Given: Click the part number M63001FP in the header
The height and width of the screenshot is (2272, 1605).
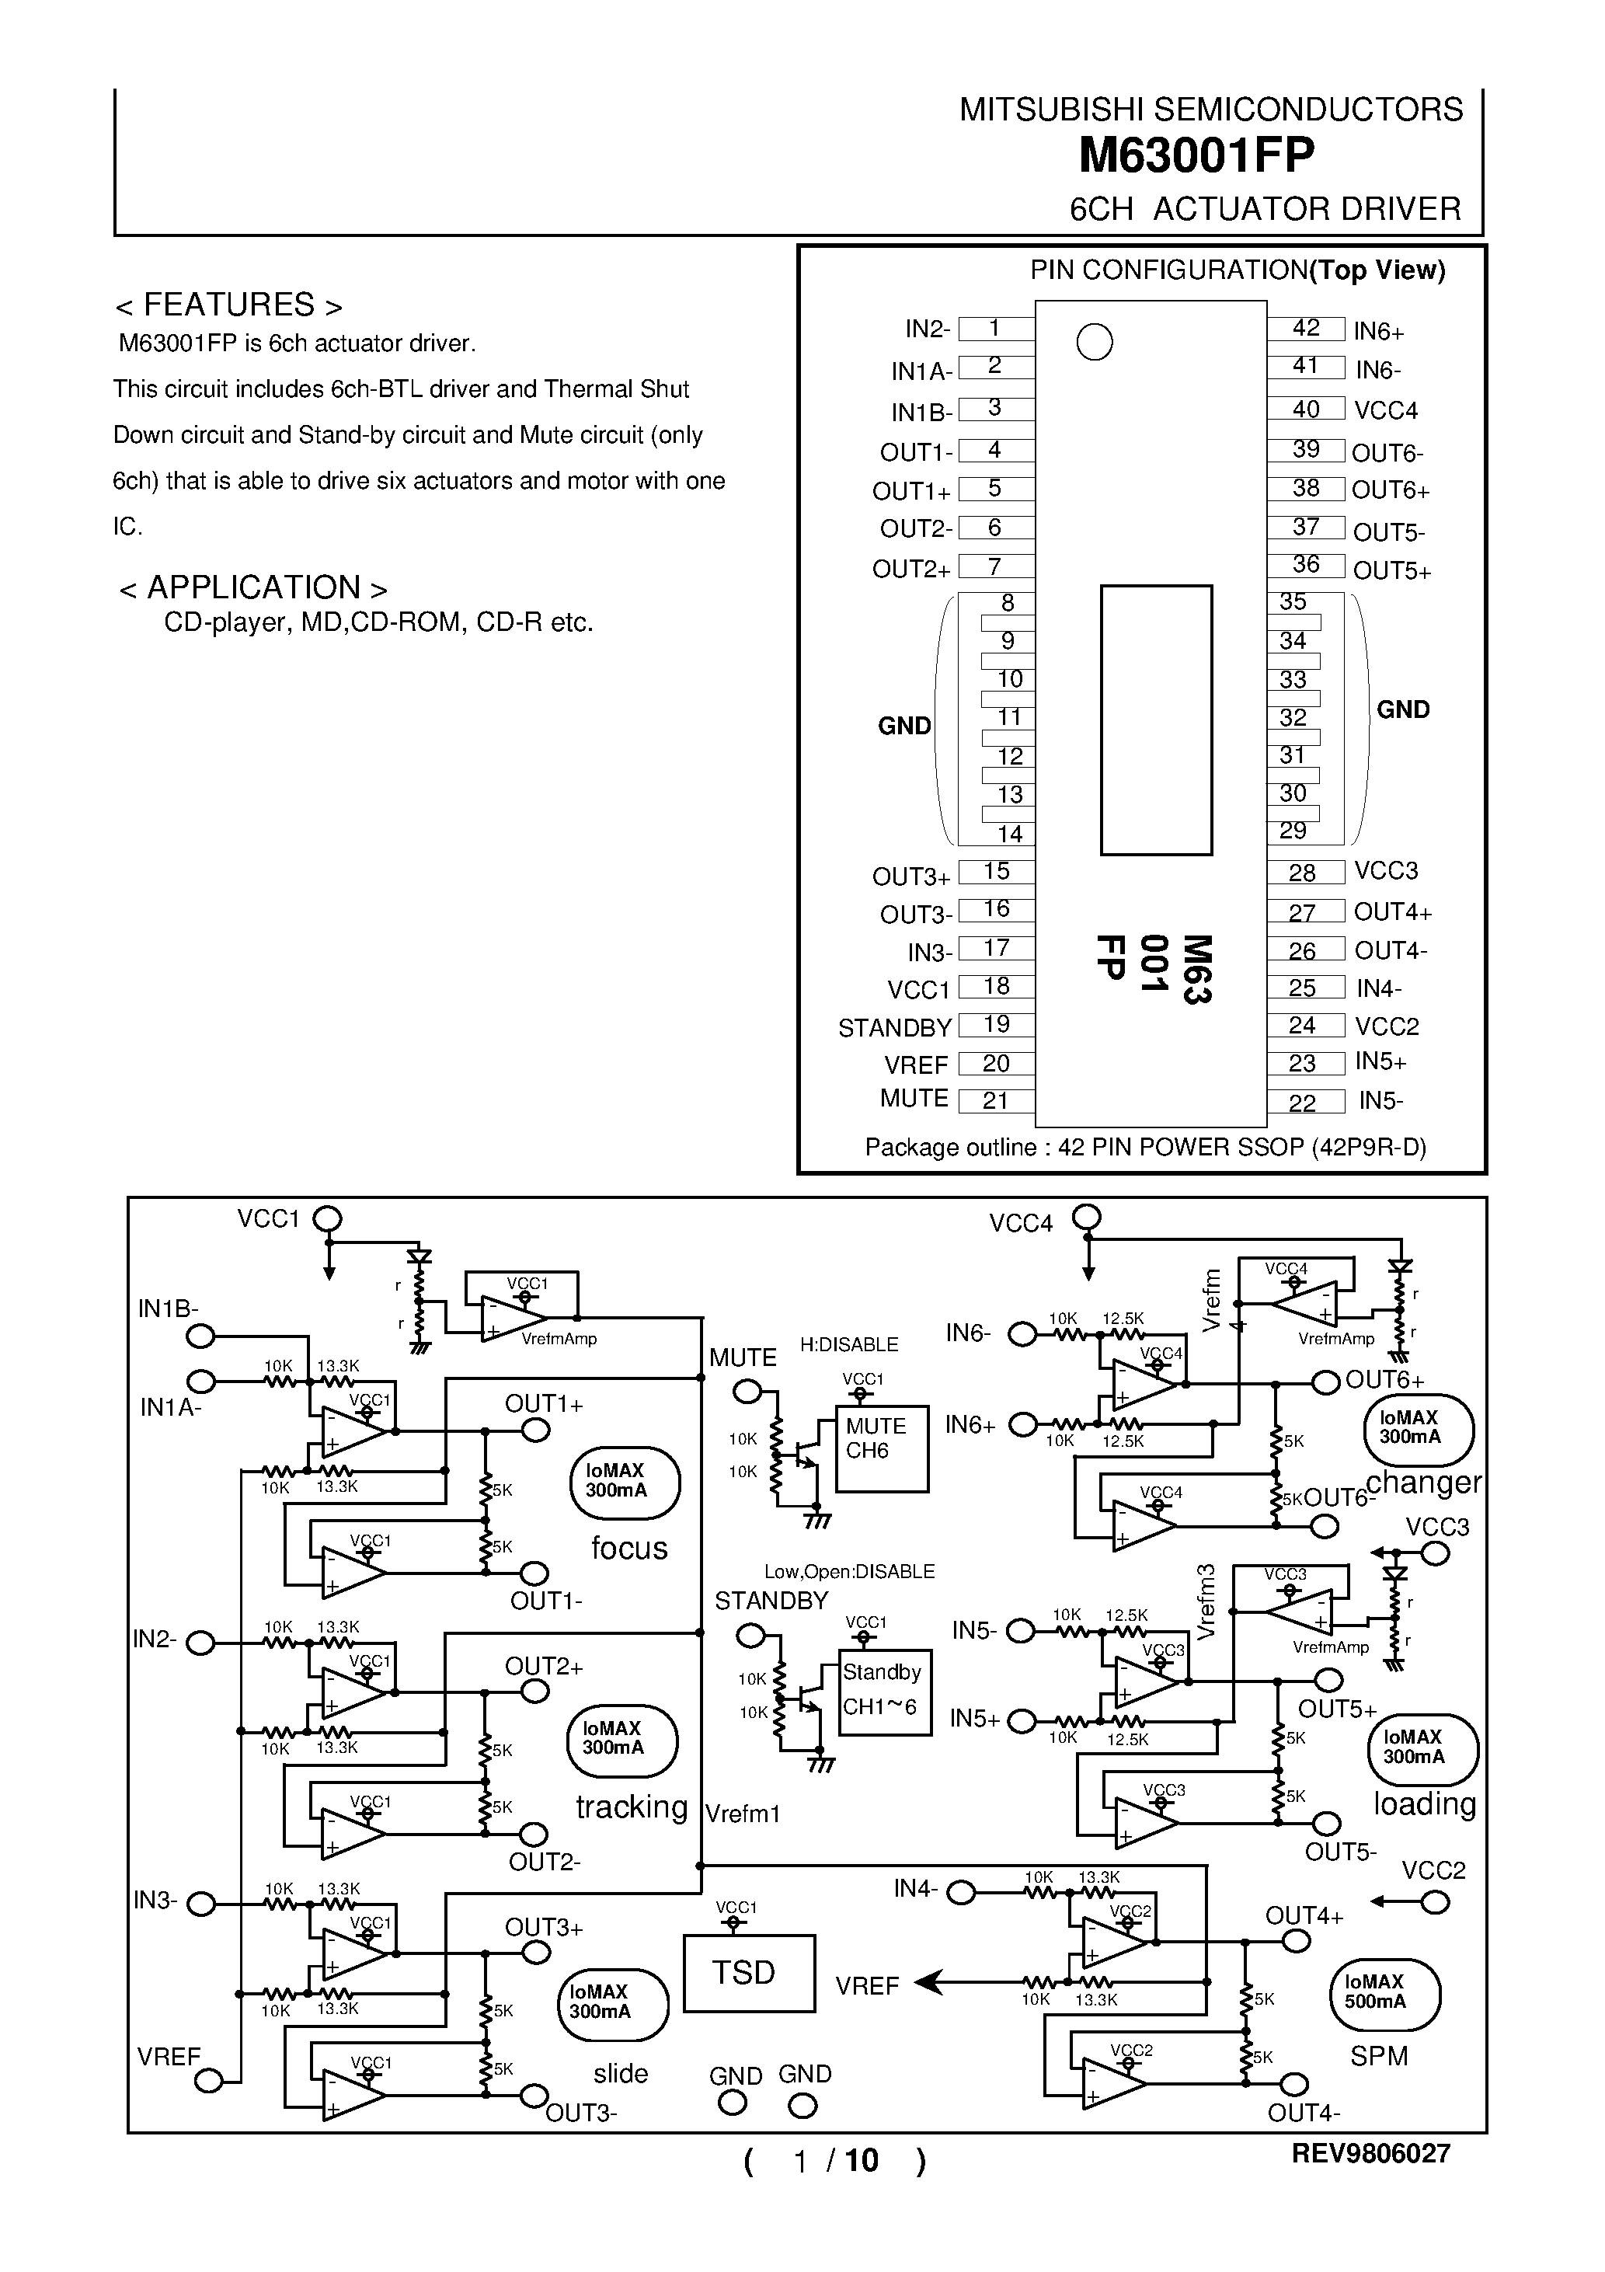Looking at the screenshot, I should click(1196, 155).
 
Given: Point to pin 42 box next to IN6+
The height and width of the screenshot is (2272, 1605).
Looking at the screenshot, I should click(1305, 329).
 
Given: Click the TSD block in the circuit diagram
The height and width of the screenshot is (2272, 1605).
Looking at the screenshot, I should click(748, 1973).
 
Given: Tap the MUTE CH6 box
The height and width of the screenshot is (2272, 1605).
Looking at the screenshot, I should click(881, 1448).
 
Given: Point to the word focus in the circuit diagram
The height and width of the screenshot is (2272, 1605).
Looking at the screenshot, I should click(628, 1549).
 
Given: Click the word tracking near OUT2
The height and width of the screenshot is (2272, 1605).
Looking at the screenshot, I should click(632, 1807).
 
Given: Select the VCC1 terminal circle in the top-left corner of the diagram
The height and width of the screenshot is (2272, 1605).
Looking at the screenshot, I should click(328, 1219).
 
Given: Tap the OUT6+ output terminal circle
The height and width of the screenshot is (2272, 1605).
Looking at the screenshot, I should click(1326, 1382).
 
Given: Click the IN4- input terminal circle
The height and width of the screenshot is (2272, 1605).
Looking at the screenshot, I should click(961, 1893).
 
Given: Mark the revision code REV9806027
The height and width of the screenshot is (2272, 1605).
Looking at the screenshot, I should click(1370, 2153).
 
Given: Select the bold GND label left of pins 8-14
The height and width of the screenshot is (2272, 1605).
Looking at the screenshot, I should click(903, 727).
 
